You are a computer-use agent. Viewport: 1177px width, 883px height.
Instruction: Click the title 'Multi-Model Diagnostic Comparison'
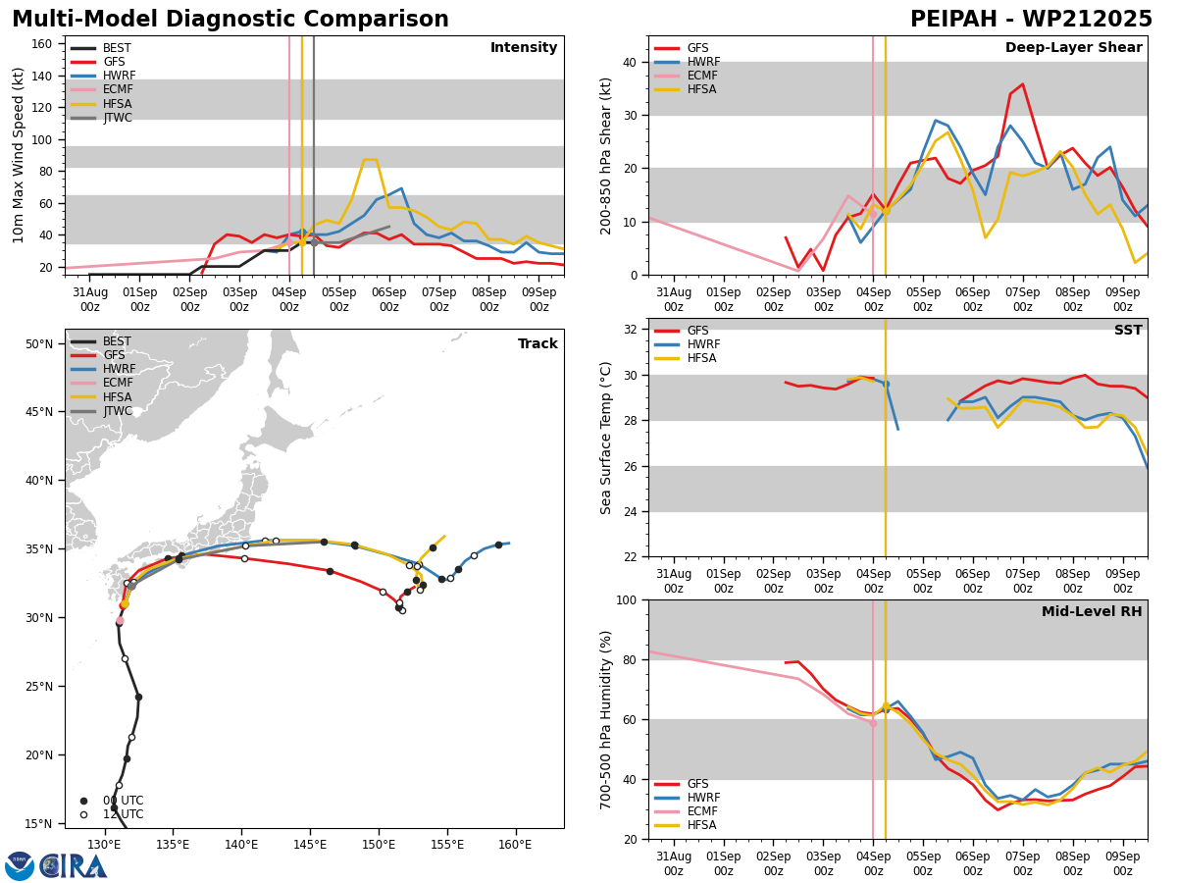[230, 20]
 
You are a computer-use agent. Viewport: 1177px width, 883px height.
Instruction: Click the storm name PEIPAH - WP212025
[1031, 20]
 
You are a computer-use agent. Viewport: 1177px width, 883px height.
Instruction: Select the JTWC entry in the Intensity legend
[117, 118]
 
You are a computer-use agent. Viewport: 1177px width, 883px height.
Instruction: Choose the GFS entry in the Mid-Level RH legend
[697, 784]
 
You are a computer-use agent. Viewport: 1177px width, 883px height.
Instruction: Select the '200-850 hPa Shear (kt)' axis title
[606, 155]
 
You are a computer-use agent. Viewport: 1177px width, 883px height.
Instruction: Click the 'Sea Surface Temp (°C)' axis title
[606, 438]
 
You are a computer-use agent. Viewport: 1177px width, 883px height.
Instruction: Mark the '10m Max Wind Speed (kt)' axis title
[18, 155]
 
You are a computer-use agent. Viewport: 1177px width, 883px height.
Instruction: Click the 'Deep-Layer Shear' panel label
[1073, 48]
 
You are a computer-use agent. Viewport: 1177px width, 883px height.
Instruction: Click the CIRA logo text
[74, 865]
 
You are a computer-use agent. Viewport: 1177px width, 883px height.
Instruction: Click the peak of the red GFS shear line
[1022, 84]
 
